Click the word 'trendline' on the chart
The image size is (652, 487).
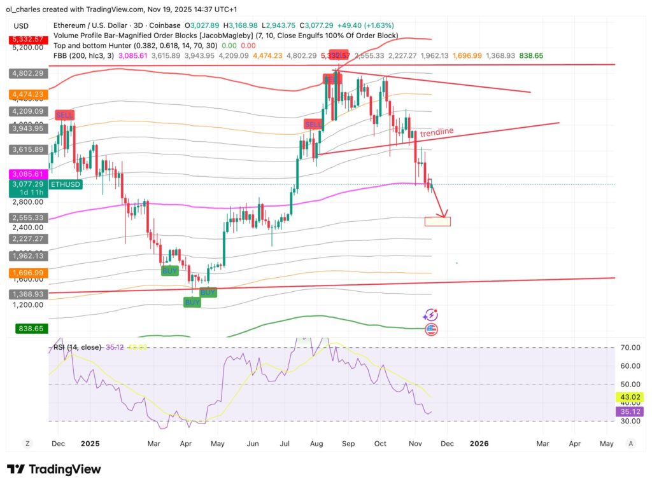pos(438,131)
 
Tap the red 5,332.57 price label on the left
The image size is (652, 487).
pos(26,39)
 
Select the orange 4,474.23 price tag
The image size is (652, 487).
pos(26,94)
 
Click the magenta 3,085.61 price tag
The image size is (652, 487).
pos(26,174)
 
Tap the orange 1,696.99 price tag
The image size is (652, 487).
pos(26,273)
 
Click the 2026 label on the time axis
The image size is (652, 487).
pos(479,443)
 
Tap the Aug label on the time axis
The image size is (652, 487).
pos(316,443)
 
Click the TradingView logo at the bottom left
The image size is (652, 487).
pos(54,469)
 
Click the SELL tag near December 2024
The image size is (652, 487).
pos(65,115)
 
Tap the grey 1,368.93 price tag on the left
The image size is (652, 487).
pos(26,294)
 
